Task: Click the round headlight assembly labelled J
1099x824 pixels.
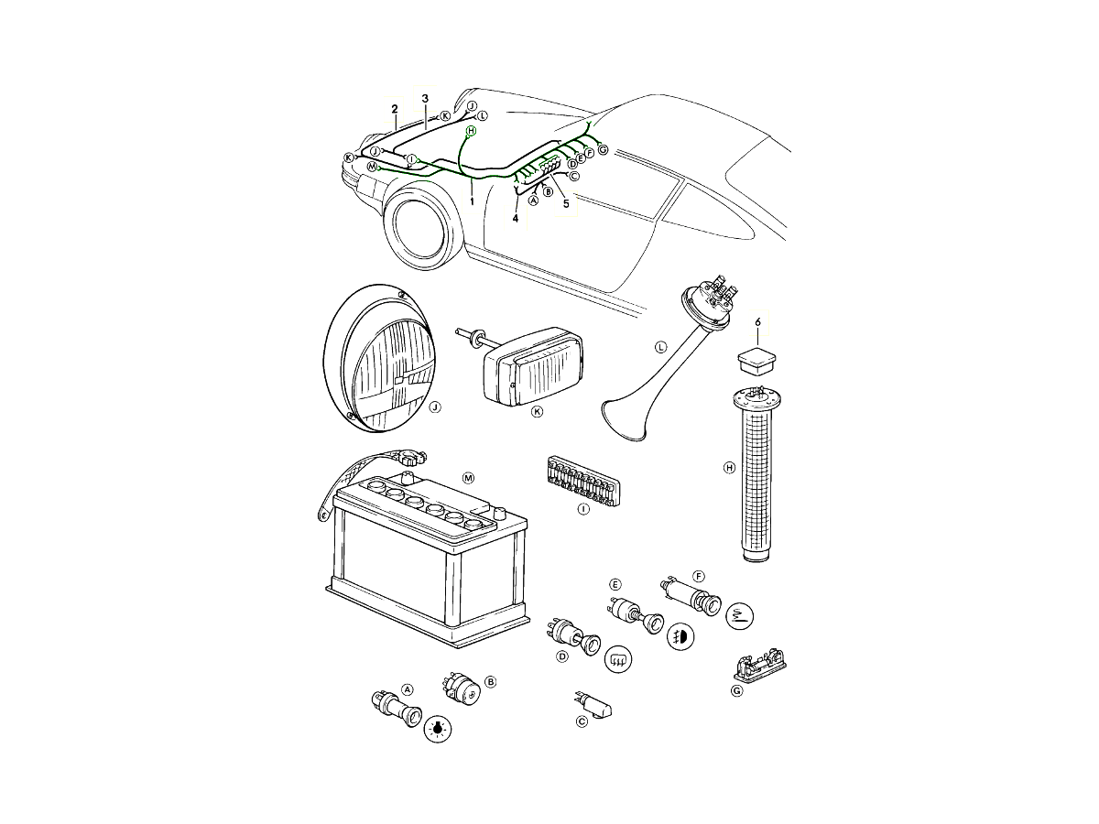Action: pos(379,358)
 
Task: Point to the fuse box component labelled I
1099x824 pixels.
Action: pos(582,479)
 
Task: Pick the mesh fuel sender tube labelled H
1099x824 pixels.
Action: pos(756,474)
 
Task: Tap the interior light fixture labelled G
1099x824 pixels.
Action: pos(759,665)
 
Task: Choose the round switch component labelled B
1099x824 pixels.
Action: pos(460,688)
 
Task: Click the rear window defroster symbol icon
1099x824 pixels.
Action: pos(619,659)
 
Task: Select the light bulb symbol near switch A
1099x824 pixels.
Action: pos(438,730)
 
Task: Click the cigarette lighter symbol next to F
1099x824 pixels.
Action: pos(740,615)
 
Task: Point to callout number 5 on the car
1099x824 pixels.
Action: pos(566,204)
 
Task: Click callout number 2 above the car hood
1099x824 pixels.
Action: pos(395,109)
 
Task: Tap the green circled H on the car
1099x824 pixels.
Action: pos(471,131)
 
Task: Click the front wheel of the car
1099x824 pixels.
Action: pos(424,226)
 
